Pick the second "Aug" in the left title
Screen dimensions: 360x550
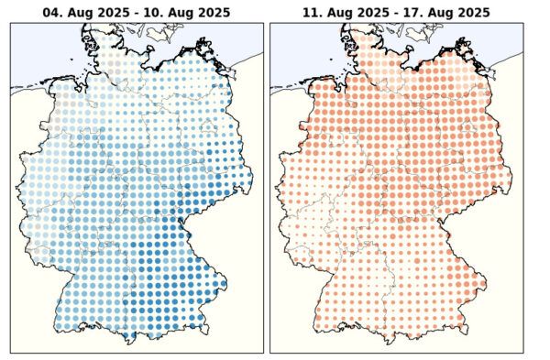[173, 13]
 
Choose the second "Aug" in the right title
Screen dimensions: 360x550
[434, 13]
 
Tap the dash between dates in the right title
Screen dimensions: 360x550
[391, 13]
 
